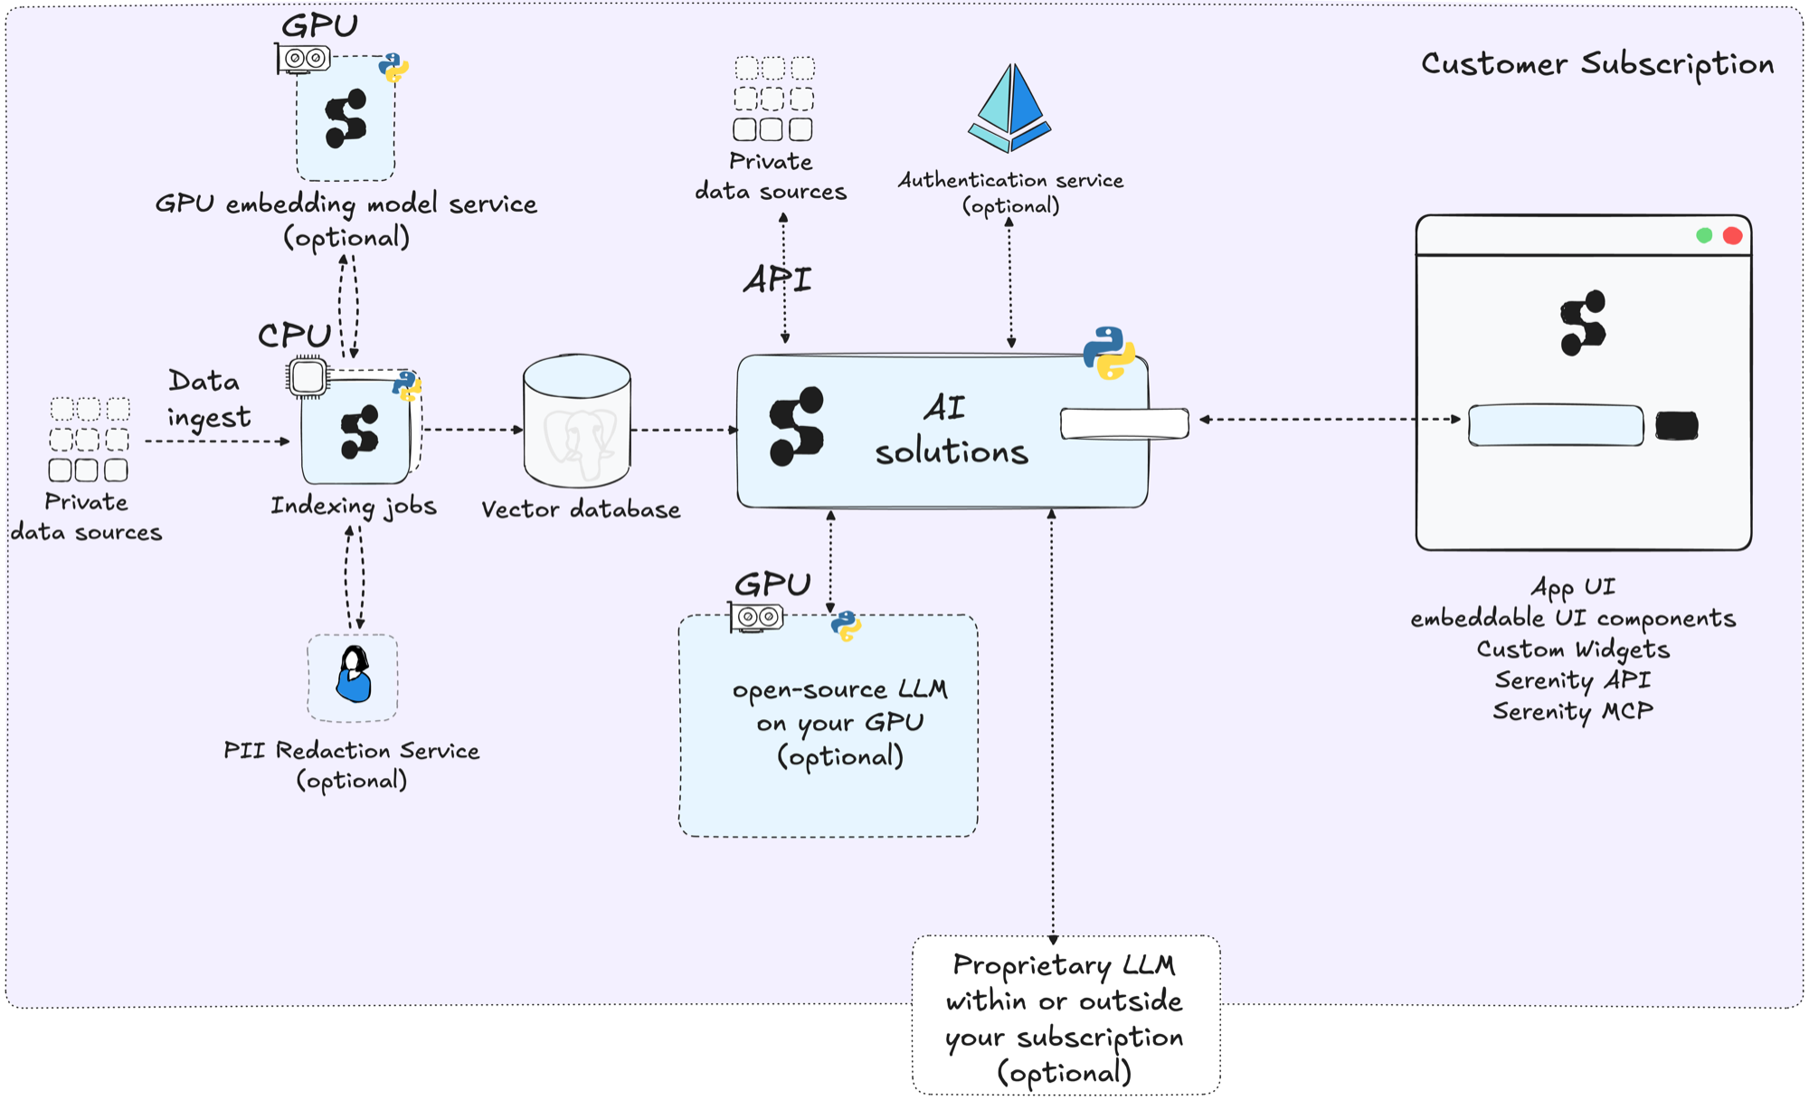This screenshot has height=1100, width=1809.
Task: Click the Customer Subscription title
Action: click(x=1596, y=64)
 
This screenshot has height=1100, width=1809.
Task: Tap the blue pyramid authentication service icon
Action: click(x=1010, y=109)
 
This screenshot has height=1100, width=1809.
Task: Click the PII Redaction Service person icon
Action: click(x=353, y=676)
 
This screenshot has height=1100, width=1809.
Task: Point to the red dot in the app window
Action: click(x=1732, y=236)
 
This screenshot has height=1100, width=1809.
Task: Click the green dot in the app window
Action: click(x=1704, y=236)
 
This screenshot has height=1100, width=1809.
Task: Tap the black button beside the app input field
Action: click(x=1676, y=425)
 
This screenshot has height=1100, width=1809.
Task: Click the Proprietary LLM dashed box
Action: click(x=1066, y=1017)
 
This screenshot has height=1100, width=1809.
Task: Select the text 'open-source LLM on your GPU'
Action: click(x=839, y=706)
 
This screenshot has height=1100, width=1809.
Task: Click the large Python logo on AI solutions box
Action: click(x=1109, y=353)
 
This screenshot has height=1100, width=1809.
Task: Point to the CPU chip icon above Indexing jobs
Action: click(x=308, y=376)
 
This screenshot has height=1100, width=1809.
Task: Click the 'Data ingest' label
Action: click(x=207, y=399)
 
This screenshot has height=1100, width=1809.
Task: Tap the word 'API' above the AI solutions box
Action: click(x=777, y=280)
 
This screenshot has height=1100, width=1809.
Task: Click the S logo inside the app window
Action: click(x=1583, y=323)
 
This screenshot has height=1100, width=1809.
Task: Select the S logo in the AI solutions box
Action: click(x=796, y=427)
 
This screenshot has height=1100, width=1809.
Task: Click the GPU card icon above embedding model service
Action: click(x=304, y=59)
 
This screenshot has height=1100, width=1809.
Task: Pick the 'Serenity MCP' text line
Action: click(x=1572, y=712)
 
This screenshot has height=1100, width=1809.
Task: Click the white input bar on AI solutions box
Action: click(x=1124, y=423)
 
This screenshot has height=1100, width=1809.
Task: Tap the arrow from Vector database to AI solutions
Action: click(x=684, y=430)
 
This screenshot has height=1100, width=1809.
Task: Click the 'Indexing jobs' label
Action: click(x=354, y=506)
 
